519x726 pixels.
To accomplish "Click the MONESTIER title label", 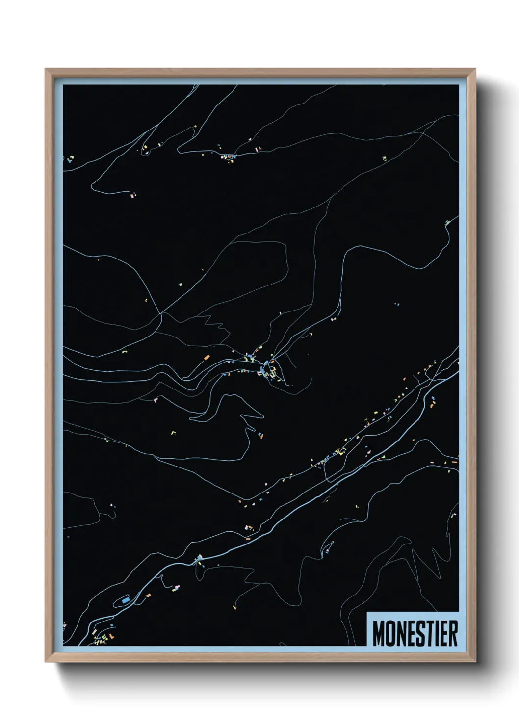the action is click(415, 633).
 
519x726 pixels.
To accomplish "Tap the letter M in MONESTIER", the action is click(379, 634).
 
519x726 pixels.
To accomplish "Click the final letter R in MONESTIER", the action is click(452, 634).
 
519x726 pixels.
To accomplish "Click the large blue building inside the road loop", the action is click(126, 599).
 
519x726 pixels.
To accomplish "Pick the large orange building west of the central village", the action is click(207, 357).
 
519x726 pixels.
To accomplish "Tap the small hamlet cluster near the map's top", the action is click(228, 157).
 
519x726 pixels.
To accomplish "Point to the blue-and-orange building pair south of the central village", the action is click(257, 434).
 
